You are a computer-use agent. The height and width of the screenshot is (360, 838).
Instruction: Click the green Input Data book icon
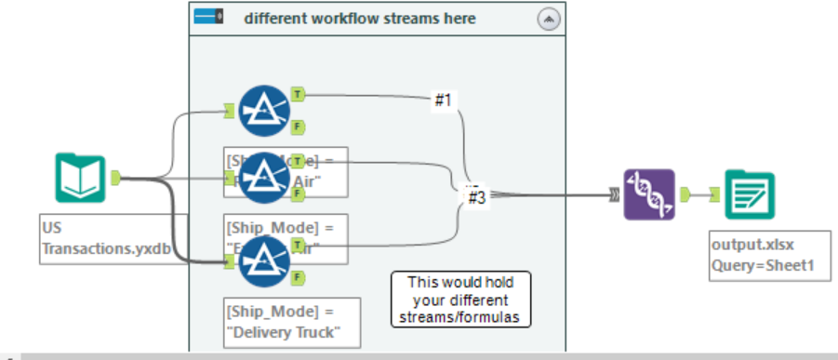[79, 178]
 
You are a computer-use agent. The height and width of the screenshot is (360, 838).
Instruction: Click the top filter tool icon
[263, 110]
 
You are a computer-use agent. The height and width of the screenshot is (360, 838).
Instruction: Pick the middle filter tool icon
[263, 178]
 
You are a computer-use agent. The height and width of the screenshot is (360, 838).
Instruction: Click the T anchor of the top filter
[297, 94]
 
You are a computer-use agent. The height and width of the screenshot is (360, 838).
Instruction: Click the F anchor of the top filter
[297, 127]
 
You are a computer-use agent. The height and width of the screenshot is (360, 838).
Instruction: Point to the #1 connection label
[444, 100]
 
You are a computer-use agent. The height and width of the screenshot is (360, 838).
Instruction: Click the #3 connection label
[477, 196]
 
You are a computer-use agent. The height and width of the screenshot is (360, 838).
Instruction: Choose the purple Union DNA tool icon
[648, 194]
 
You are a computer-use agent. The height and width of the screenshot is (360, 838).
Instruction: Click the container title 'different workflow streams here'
[359, 18]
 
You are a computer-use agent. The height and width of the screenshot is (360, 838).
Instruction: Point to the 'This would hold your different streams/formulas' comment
[460, 299]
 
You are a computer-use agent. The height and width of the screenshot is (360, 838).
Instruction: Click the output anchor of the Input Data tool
[116, 178]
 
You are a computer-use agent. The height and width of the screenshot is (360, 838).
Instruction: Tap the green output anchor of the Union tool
[686, 194]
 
